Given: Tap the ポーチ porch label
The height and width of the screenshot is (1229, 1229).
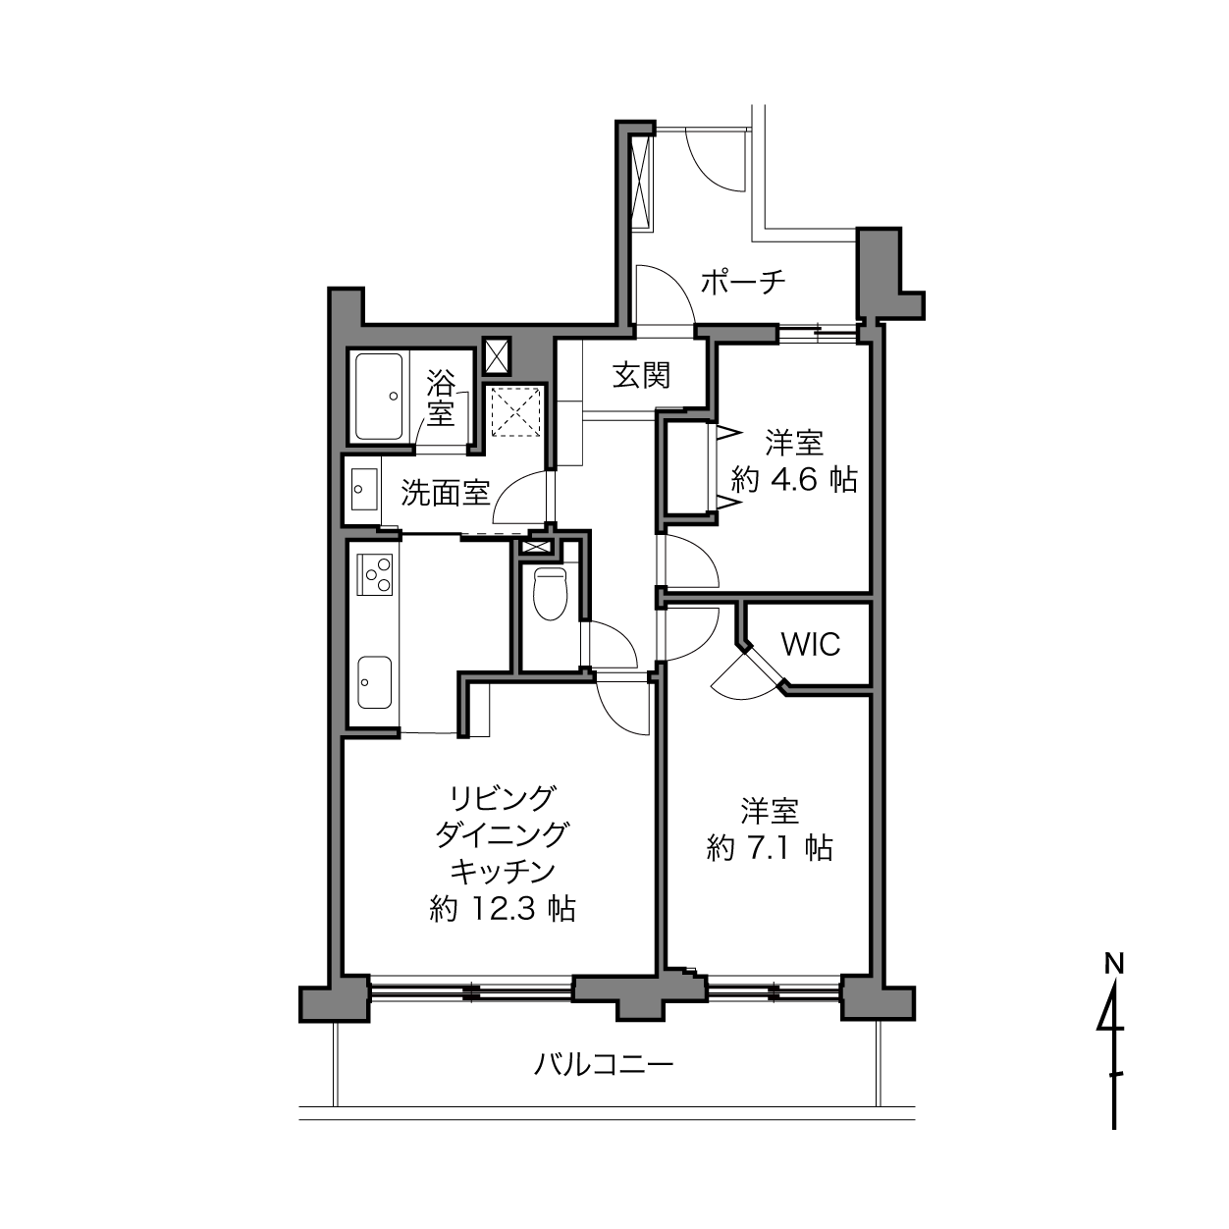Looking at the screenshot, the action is tap(743, 282).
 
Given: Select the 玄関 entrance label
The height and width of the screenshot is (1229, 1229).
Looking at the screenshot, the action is tap(642, 376).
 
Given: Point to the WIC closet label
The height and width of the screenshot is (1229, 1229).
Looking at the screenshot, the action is tap(811, 645).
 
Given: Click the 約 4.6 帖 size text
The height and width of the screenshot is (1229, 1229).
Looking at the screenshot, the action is tap(794, 480).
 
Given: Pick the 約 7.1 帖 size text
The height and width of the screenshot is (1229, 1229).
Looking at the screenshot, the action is tap(770, 848).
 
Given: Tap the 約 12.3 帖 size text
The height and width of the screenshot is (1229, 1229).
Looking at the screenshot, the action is tap(503, 908).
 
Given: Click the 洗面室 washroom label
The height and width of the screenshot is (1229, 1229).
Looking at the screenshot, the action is tap(446, 493).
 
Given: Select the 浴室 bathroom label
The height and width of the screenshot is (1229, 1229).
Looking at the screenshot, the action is tap(441, 398).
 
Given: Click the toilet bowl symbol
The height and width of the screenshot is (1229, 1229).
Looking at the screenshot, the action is tap(550, 593).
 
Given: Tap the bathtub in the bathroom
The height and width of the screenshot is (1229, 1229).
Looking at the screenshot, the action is tap(379, 397).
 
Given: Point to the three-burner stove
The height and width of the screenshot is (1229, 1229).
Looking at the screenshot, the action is tap(375, 574).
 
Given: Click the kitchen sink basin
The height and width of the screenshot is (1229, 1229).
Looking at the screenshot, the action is tap(375, 682).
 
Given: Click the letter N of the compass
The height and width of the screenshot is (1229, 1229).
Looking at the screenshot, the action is tap(1114, 964).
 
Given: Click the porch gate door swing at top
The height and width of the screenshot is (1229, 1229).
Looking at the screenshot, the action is tap(714, 160).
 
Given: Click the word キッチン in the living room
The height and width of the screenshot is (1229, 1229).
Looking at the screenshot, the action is tap(504, 872).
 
